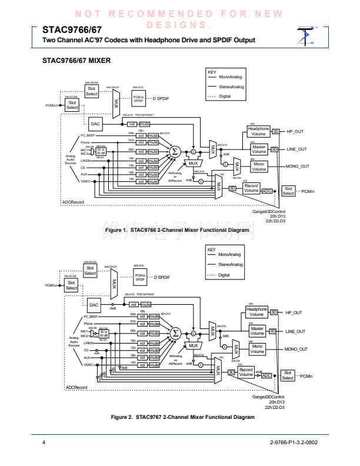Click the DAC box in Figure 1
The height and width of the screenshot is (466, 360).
[95, 124]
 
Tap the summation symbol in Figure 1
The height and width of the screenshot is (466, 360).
[175, 151]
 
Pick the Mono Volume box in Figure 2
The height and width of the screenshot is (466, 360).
[259, 349]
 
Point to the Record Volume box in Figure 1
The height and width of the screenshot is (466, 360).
[251, 189]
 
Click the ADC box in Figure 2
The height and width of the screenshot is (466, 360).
[266, 374]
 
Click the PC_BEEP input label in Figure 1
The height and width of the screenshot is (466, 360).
[87, 136]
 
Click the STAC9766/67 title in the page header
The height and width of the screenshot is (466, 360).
[68, 28]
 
